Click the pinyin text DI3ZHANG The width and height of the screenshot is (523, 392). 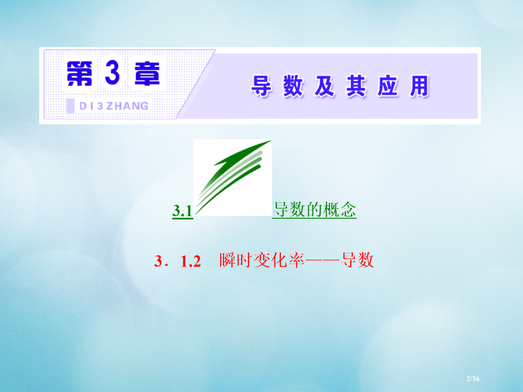(x=114, y=106)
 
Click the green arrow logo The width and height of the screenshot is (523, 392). (x=233, y=177)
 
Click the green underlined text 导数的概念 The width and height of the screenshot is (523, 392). (x=314, y=211)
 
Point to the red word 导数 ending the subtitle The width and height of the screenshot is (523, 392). (x=358, y=261)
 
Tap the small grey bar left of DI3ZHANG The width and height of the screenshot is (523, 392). (x=70, y=106)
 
